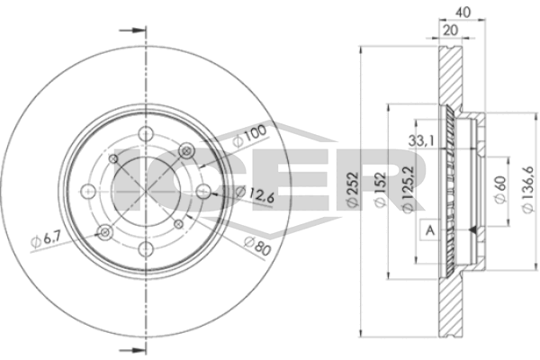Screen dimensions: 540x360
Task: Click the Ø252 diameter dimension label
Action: pyautogui.click(x=353, y=190)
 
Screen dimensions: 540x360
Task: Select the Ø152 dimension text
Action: pyautogui.click(x=381, y=190)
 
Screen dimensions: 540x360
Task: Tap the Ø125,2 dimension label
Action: pyautogui.click(x=408, y=189)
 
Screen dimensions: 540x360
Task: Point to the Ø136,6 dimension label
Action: pyautogui.click(x=528, y=190)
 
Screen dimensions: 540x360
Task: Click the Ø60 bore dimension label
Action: pyautogui.click(x=500, y=190)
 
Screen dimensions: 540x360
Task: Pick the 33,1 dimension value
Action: pyautogui.click(x=421, y=140)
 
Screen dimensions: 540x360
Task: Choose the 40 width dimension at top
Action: pyautogui.click(x=463, y=13)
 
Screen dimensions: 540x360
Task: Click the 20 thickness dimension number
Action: pyautogui.click(x=451, y=31)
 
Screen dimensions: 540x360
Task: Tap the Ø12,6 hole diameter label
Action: pyautogui.click(x=255, y=194)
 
